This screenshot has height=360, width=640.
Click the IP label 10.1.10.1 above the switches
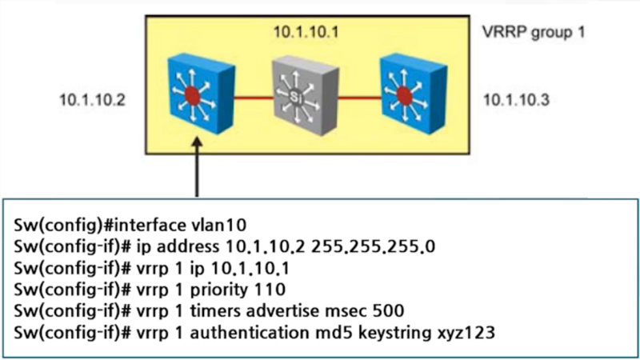point(306,33)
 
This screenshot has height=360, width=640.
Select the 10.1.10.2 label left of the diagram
point(92,100)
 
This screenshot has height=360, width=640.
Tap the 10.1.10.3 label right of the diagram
point(516,100)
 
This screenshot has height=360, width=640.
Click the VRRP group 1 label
point(529,35)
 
